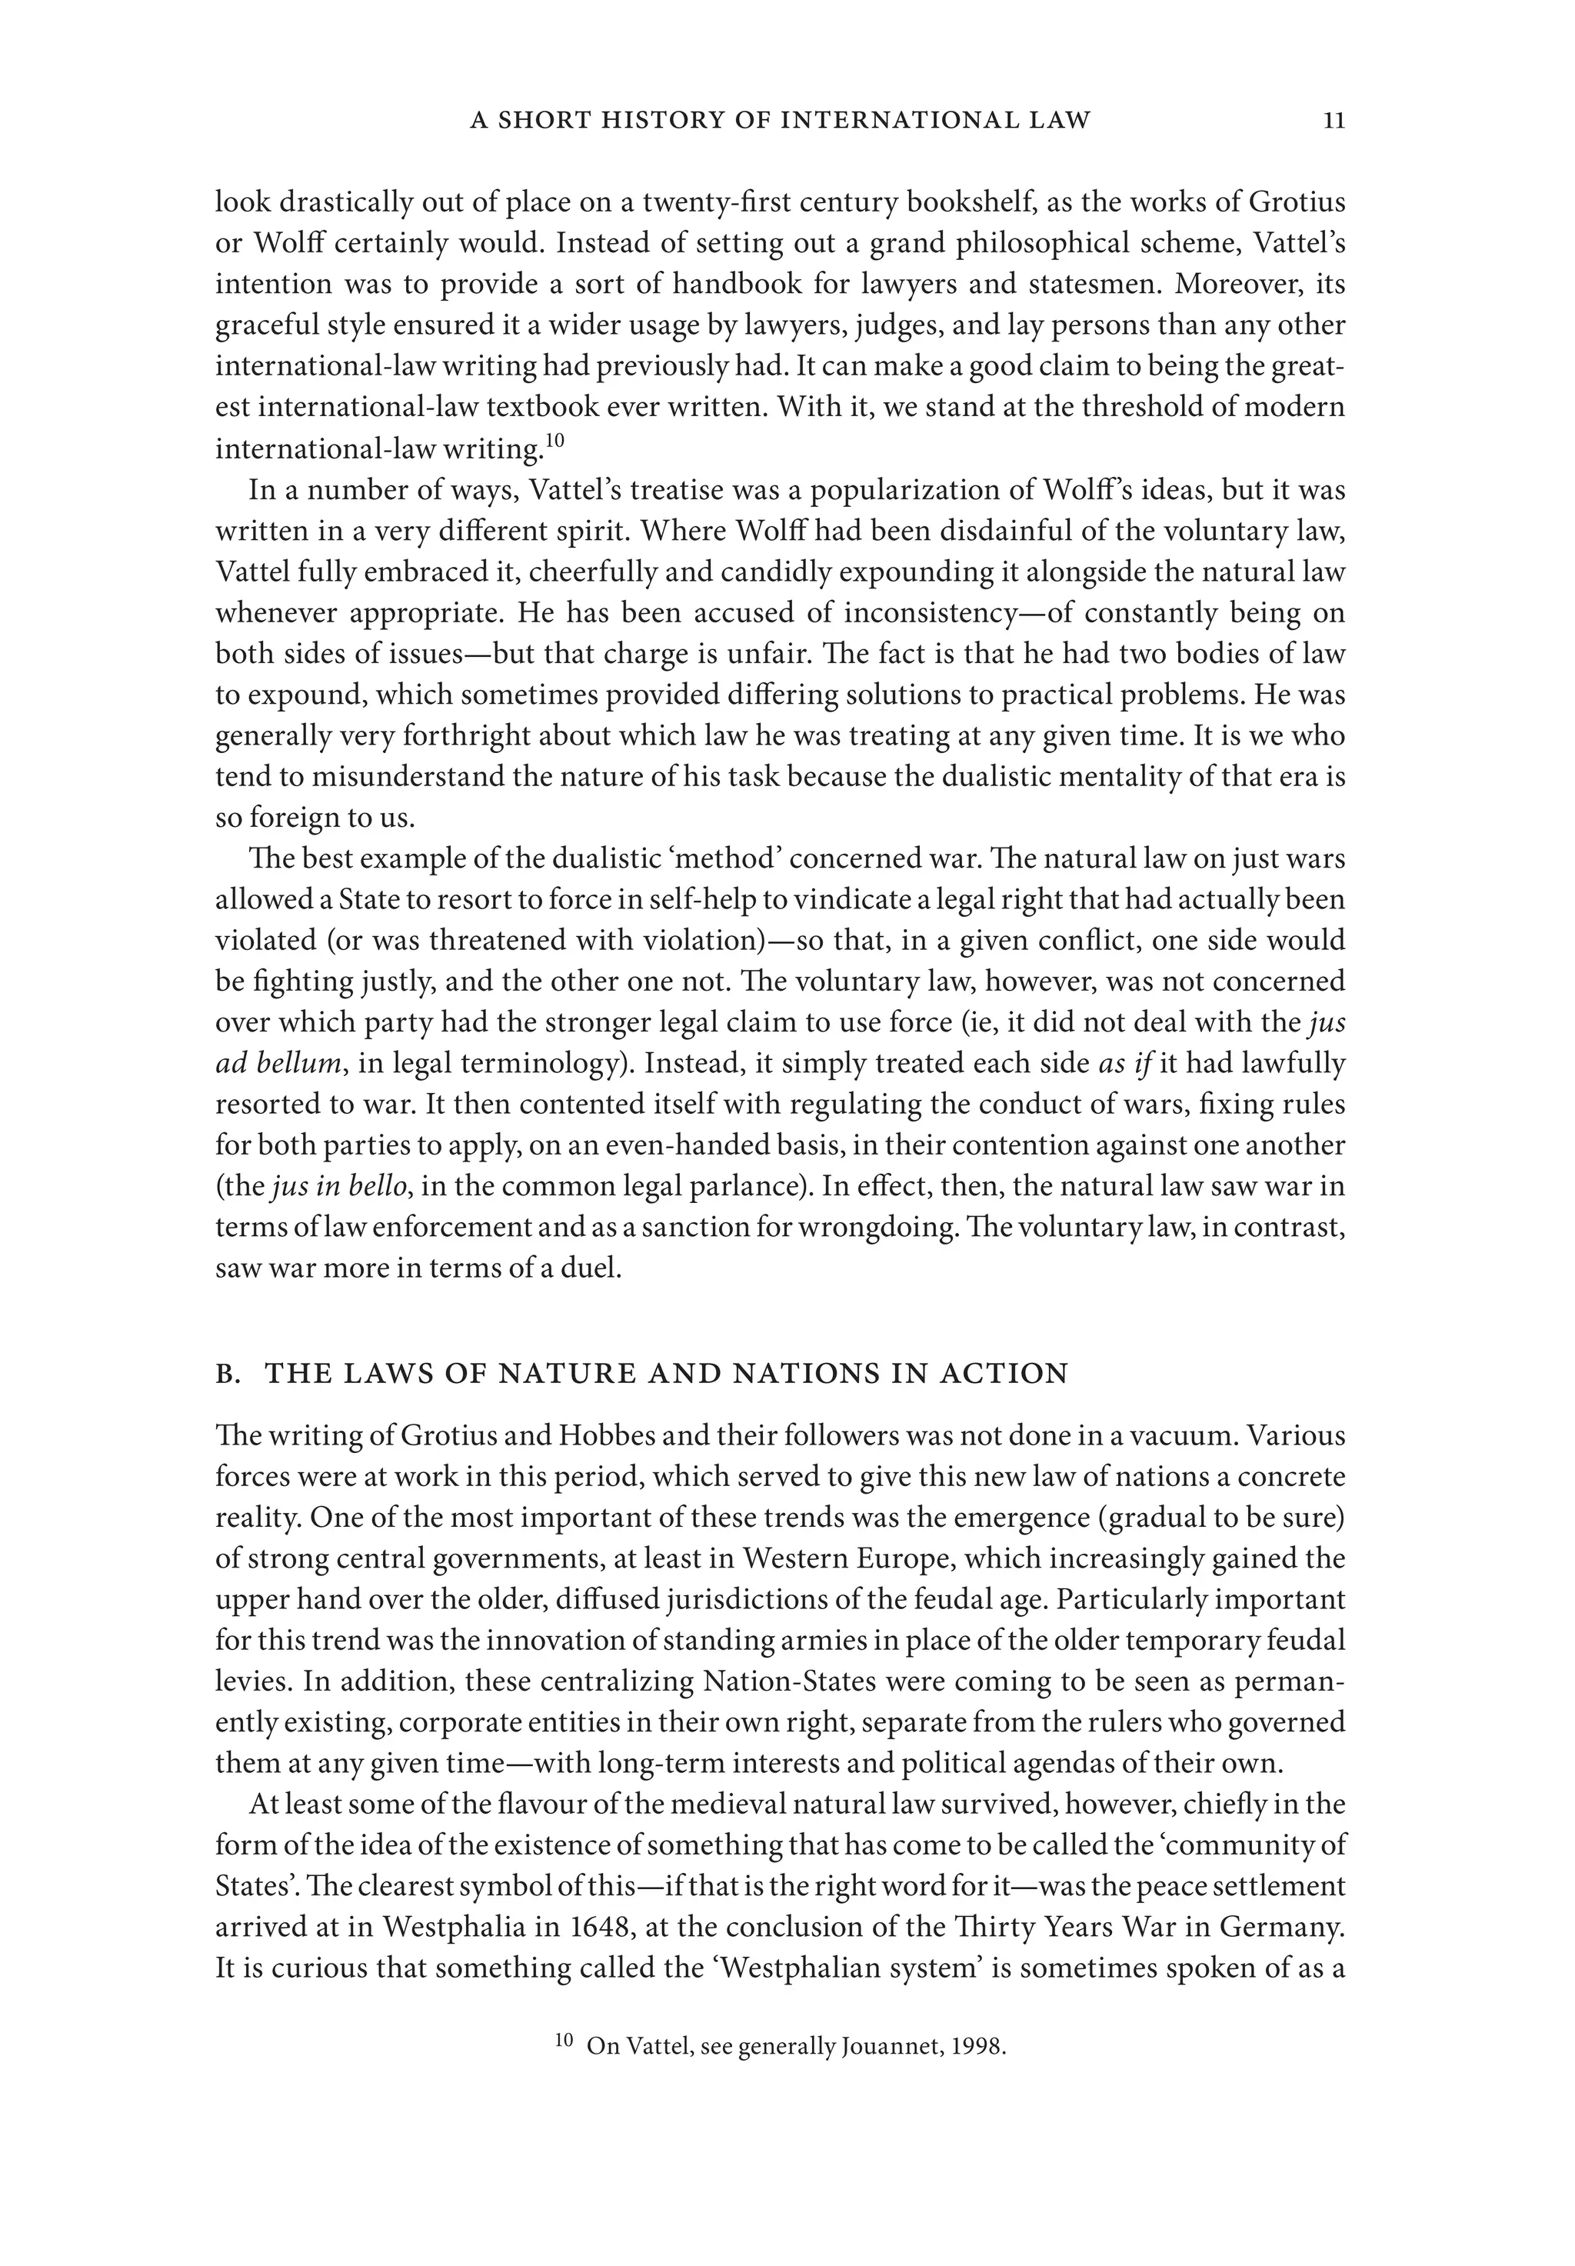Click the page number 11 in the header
point(1334,121)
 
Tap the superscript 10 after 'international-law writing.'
point(554,442)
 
